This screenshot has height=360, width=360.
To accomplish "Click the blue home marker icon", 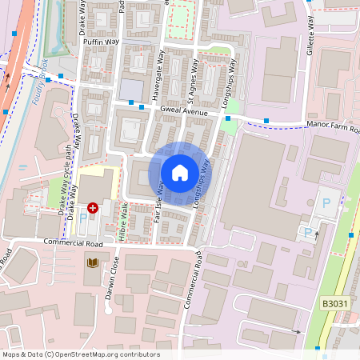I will pos(179,172).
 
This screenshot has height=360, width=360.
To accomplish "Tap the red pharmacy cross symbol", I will pos(93,207).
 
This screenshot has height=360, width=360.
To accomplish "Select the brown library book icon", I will pos(93,262).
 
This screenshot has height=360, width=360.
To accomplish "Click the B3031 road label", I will pos(335,303).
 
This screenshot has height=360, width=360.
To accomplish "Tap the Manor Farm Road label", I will pos(331,129).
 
